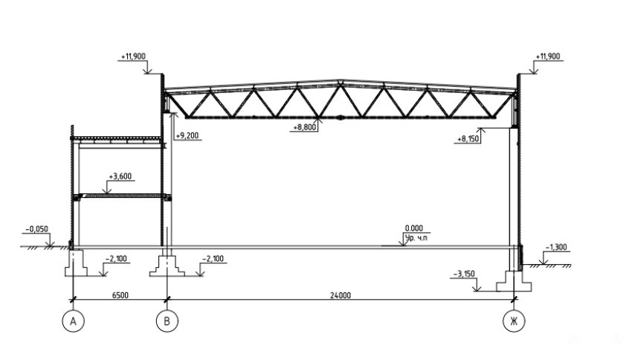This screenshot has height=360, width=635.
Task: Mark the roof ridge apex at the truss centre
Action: tap(341, 80)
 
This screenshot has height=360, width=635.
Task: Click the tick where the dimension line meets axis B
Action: tap(167, 300)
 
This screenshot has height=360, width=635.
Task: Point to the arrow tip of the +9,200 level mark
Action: tap(174, 113)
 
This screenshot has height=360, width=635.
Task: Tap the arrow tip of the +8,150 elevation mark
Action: tap(481, 129)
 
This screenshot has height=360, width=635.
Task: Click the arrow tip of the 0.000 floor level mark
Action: tap(403, 245)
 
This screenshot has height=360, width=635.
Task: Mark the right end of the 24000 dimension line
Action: tap(514, 300)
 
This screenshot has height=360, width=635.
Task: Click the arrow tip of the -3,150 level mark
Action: tap(477, 291)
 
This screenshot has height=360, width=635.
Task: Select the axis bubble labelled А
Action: tap(74, 321)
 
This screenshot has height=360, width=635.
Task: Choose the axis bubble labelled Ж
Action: tap(514, 321)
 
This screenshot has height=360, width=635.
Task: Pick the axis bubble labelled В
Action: tap(167, 321)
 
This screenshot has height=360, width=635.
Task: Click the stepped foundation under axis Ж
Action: tap(514, 280)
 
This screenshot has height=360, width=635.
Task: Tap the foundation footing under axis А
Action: tap(76, 263)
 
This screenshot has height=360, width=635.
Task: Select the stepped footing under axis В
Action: tap(167, 266)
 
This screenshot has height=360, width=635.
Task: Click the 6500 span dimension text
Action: tap(120, 295)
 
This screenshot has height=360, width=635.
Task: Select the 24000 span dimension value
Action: tap(341, 295)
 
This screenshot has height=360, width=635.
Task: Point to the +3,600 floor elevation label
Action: tap(120, 176)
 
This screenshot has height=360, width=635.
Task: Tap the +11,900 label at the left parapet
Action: tap(133, 57)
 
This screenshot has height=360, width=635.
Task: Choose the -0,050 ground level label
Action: tap(37, 229)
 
